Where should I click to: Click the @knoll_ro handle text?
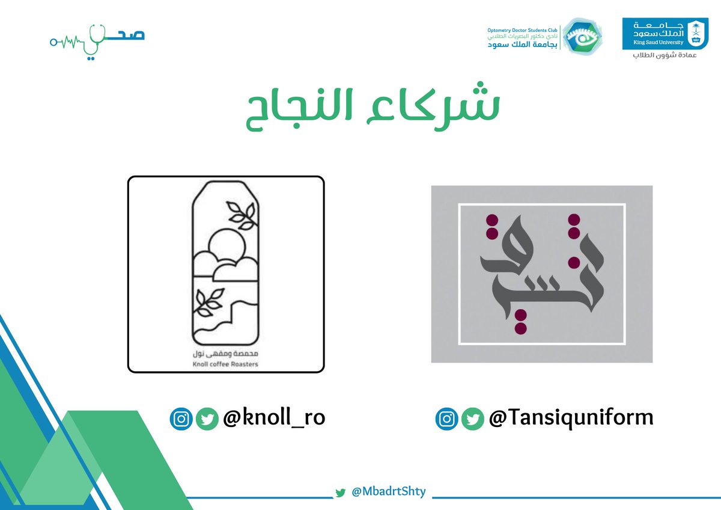point(274,418)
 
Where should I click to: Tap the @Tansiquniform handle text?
point(571,418)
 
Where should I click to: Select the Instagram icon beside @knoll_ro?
point(181,419)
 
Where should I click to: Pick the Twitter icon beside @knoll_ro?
point(207,419)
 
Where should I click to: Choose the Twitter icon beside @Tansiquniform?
point(472,419)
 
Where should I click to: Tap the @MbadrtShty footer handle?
point(389,491)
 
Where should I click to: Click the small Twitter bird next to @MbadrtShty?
point(341,493)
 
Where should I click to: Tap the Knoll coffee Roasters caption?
point(226,363)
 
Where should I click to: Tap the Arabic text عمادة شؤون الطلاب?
point(666,55)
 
